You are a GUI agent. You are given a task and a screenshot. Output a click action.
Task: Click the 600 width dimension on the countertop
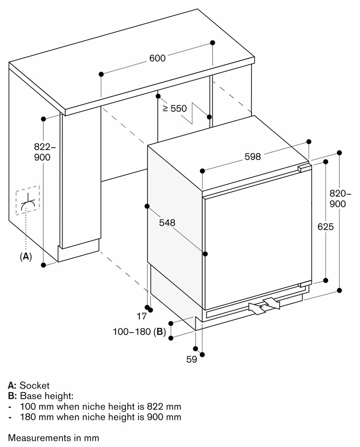click(158, 58)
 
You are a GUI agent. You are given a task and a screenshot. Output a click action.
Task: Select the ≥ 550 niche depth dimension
click(175, 108)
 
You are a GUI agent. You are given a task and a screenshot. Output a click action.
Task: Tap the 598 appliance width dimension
click(252, 156)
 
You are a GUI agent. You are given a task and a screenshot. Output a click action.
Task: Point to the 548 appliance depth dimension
click(167, 223)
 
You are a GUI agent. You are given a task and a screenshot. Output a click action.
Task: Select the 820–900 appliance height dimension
click(340, 198)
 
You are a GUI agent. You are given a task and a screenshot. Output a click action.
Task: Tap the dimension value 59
click(192, 359)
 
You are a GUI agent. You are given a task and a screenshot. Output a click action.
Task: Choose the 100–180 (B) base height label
click(139, 332)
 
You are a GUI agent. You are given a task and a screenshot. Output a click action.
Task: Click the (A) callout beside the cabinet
click(26, 257)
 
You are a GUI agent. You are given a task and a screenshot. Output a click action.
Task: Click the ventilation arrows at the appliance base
click(264, 305)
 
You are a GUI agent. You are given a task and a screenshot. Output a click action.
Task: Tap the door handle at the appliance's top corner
click(304, 167)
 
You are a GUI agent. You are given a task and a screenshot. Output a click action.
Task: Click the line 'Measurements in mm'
click(54, 438)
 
